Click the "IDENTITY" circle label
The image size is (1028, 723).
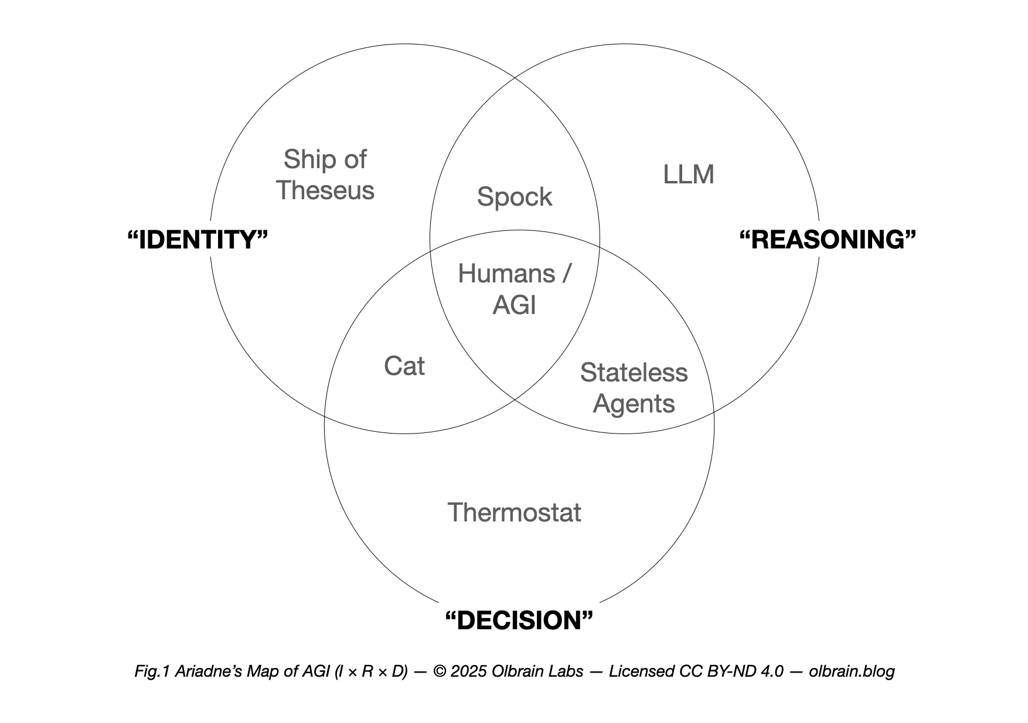(198, 240)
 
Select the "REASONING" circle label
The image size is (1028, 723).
(828, 240)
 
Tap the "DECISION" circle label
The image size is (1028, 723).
(519, 620)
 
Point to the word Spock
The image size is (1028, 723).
(514, 197)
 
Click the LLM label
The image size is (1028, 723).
(688, 175)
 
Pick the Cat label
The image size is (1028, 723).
(404, 366)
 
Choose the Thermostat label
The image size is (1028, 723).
(514, 513)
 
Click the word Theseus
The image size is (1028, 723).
(325, 190)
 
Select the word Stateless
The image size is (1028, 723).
(634, 373)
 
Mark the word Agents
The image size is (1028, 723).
(634, 404)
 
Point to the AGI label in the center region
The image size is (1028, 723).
(514, 305)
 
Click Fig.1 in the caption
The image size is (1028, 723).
(152, 671)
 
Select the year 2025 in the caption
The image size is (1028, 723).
(469, 671)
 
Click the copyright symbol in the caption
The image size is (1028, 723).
(440, 671)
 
